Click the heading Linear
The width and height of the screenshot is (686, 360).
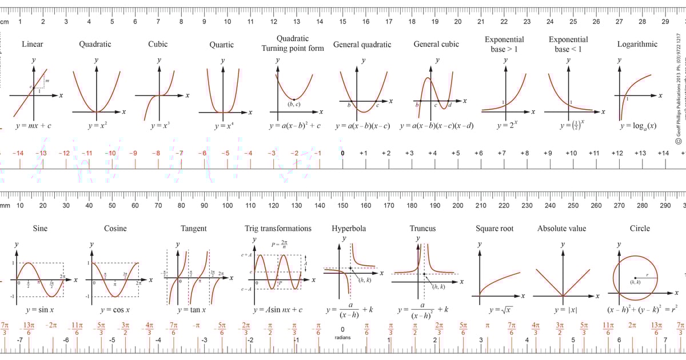(x=32, y=44)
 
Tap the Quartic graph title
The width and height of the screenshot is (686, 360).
(x=221, y=45)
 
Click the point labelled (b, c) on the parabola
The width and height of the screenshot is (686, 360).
(x=294, y=99)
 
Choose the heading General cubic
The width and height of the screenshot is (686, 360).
(x=436, y=45)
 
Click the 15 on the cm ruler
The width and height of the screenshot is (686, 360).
(x=342, y=22)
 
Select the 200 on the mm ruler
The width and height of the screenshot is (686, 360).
(x=458, y=205)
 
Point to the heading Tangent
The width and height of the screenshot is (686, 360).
(x=194, y=229)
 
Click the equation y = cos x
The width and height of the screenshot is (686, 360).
(x=115, y=310)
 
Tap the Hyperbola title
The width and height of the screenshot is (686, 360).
(x=349, y=229)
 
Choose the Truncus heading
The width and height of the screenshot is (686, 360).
(x=422, y=229)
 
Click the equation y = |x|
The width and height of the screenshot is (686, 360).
(x=565, y=310)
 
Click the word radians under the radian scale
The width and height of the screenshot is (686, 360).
(x=342, y=337)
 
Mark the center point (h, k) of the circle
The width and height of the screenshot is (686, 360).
(x=636, y=278)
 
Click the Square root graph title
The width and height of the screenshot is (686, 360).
(x=494, y=229)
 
